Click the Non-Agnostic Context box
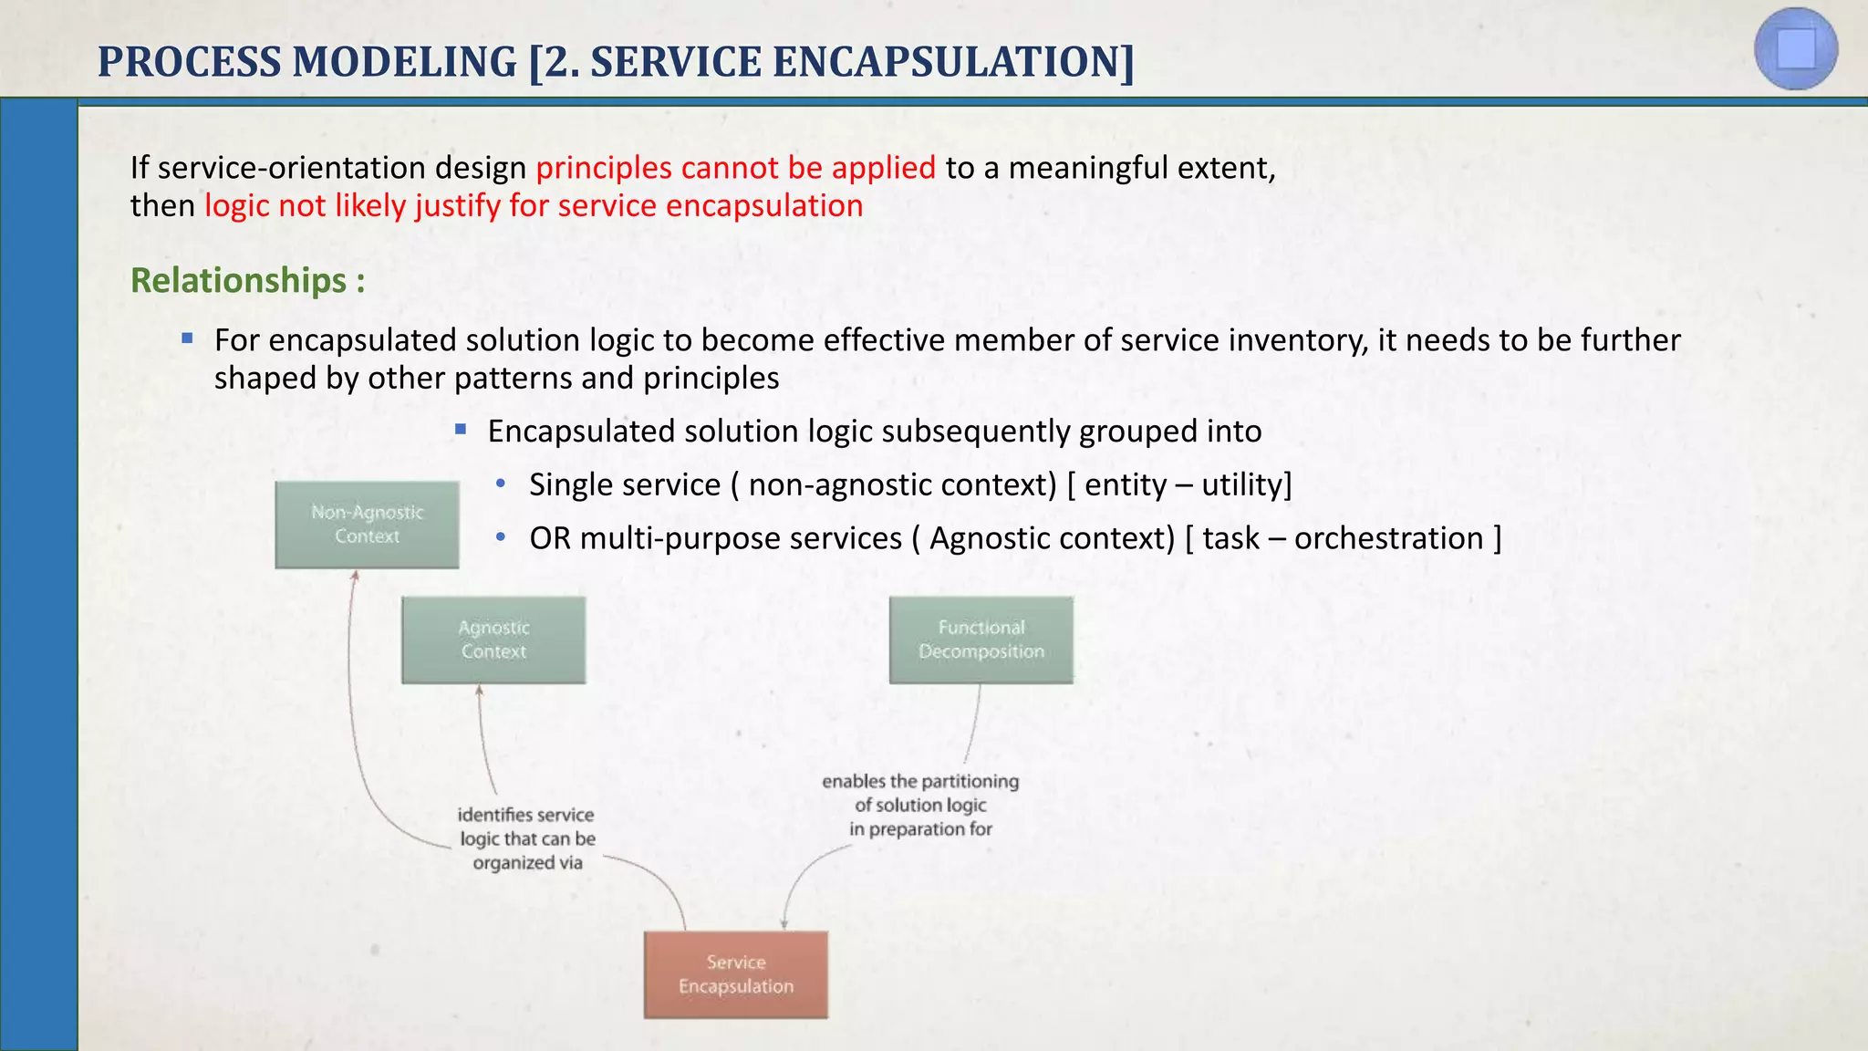[367, 525]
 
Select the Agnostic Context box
[493, 640]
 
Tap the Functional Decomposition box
[981, 640]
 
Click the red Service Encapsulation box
[735, 974]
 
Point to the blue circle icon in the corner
[1795, 49]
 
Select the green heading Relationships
[239, 280]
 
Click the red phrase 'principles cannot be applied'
[735, 168]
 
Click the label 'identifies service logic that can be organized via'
[526, 838]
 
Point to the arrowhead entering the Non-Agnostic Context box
[356, 575]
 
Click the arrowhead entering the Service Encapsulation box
[784, 925]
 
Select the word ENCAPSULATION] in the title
[953, 62]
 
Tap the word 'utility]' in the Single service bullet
[1246, 484]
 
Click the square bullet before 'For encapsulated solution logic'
[187, 338]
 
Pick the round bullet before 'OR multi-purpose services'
[500, 537]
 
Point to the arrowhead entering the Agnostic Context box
[479, 691]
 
